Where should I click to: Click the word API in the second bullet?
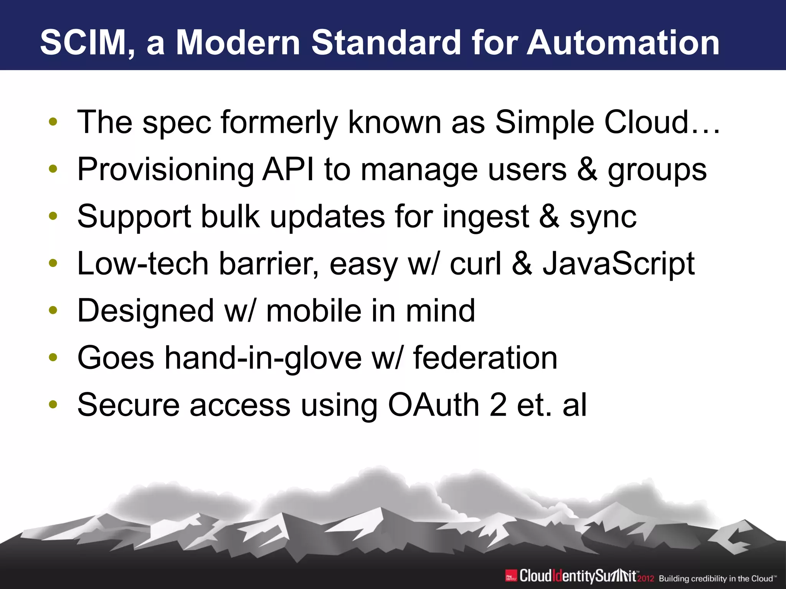pos(287,169)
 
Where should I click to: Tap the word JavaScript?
pos(618,264)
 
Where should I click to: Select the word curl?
pos(475,264)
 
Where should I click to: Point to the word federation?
pos(485,358)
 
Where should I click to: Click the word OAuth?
pos(433,405)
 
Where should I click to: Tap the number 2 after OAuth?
pos(498,405)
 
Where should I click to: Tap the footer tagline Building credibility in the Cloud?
pos(717,579)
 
